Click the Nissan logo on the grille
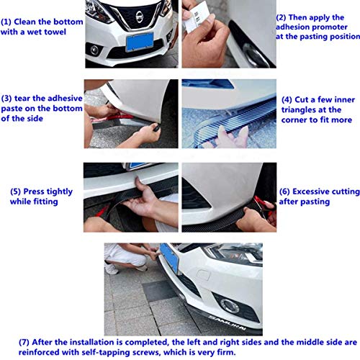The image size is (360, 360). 140,17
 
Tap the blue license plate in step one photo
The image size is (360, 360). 140,42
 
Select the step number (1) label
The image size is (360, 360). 6,22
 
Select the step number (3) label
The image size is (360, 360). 6,99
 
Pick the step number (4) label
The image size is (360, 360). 287,100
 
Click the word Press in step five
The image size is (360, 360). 34,192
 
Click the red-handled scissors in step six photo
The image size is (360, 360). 264,205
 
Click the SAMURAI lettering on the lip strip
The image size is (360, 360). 227,323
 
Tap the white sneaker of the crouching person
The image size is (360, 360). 111,269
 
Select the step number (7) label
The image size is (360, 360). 24,343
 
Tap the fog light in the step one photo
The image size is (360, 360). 94,50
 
